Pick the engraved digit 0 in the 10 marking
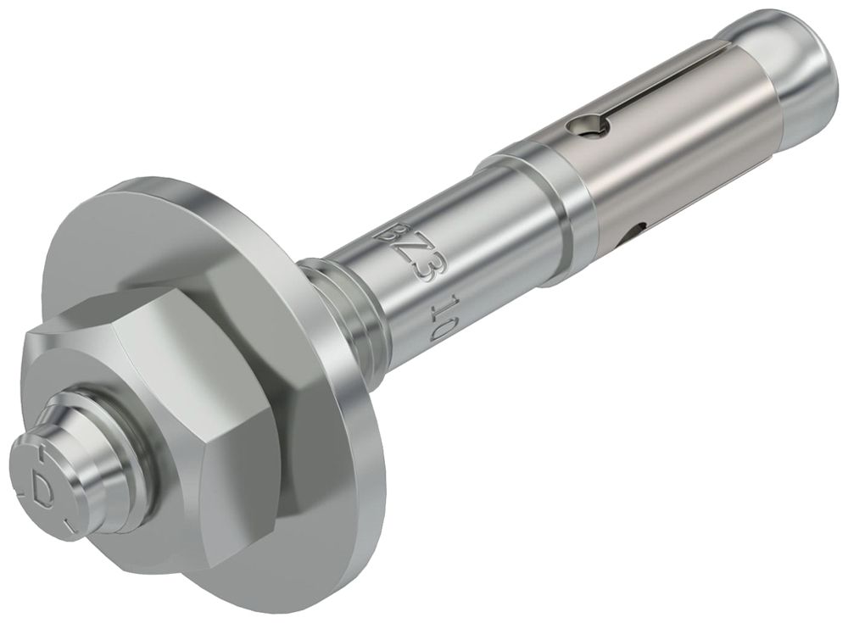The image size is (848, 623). pos(438,327)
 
